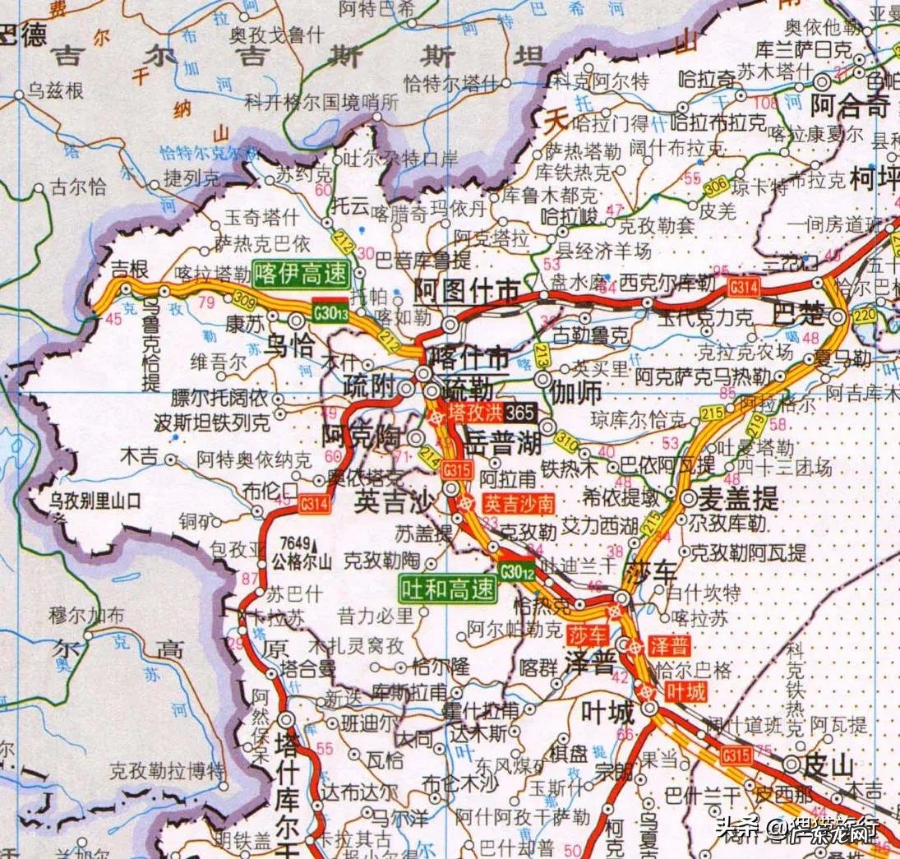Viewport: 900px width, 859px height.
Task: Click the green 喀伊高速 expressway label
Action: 301,275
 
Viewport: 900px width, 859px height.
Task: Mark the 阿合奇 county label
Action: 850,106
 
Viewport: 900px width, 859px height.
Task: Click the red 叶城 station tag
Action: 686,692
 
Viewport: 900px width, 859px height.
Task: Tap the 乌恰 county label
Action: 293,346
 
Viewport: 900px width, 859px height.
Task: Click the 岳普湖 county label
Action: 503,445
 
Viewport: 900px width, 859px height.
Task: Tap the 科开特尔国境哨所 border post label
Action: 321,103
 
